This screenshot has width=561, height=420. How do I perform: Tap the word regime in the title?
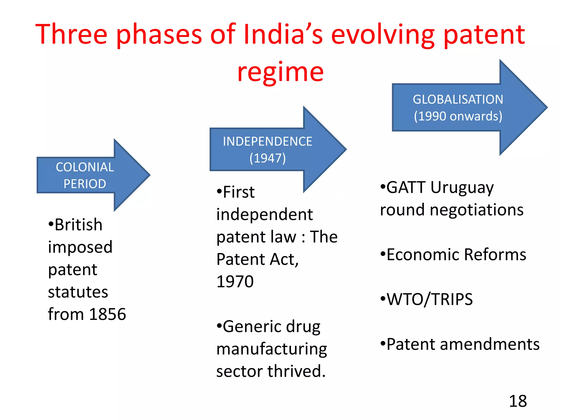click(280, 72)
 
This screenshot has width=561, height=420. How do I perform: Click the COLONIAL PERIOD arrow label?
click(85, 175)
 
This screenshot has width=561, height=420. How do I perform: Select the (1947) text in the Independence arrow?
click(267, 158)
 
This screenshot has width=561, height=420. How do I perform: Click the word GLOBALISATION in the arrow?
click(458, 99)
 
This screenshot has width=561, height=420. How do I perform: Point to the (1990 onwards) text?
click(458, 116)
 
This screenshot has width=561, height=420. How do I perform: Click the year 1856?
click(107, 314)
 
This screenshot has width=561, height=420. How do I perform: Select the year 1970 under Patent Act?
click(235, 281)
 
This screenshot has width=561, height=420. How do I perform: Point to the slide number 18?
click(518, 401)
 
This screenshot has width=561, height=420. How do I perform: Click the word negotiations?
click(477, 210)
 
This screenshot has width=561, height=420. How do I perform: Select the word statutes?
click(78, 292)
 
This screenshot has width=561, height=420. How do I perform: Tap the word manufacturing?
click(271, 349)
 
